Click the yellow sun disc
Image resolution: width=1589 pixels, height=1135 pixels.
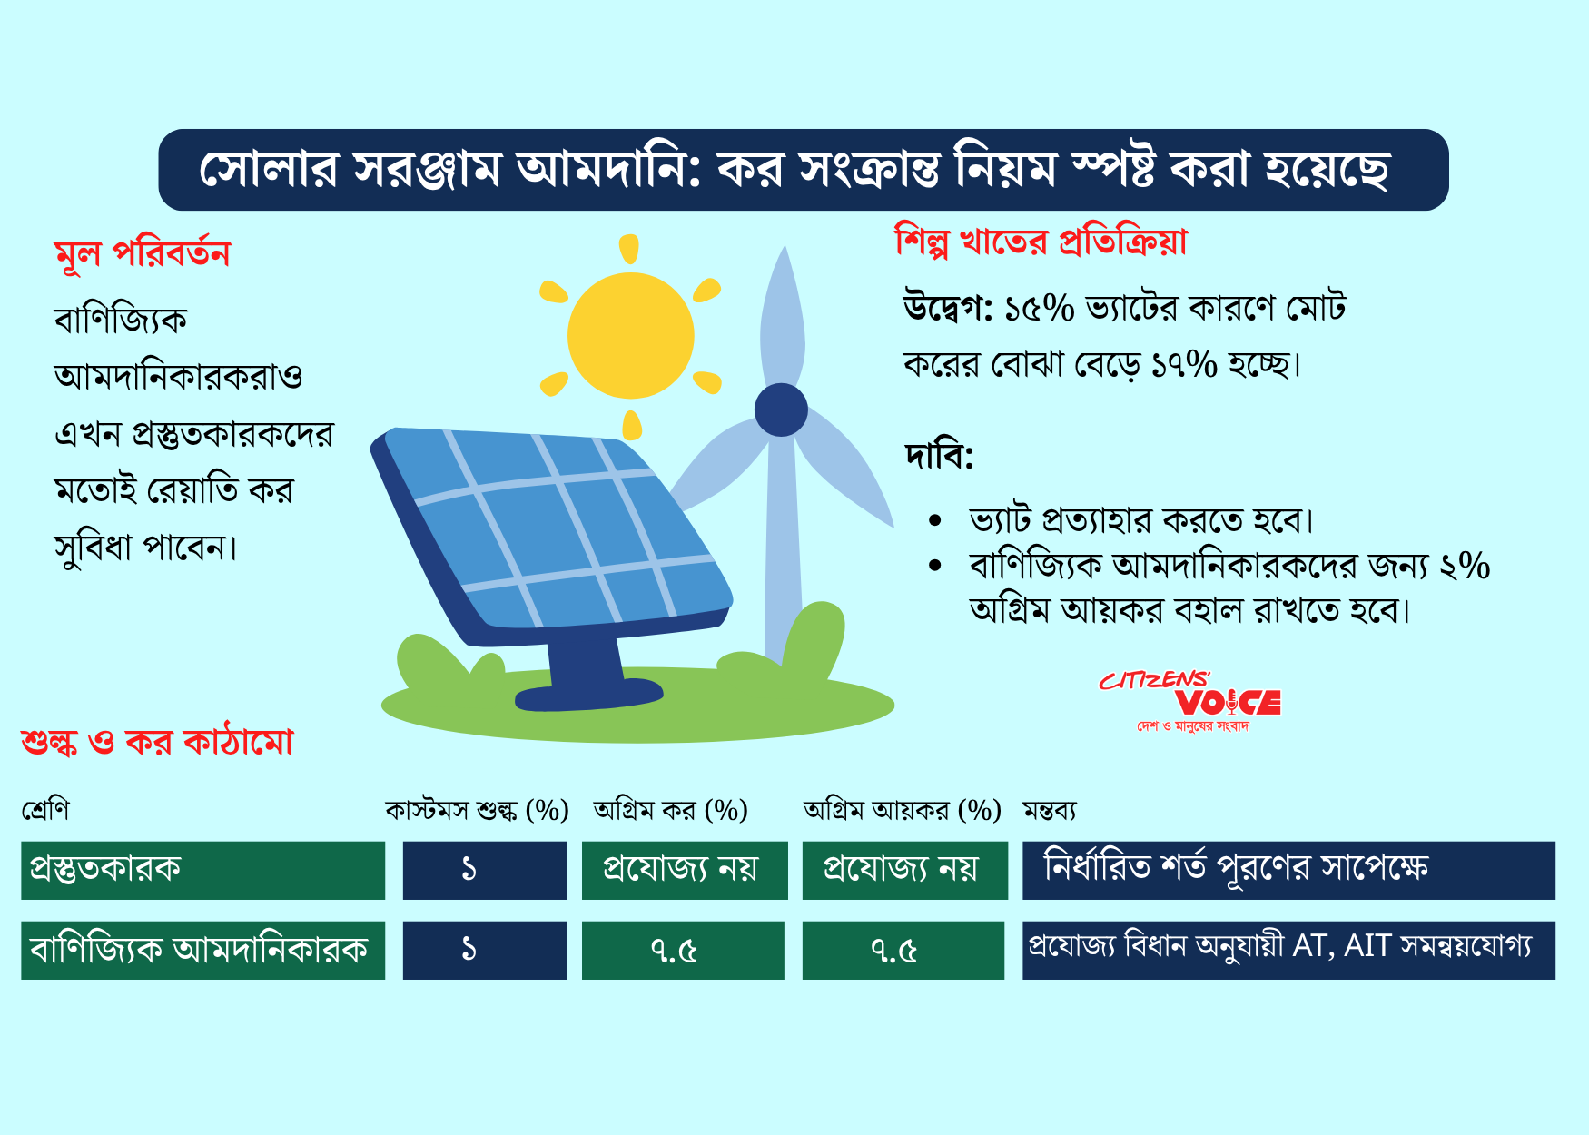pyautogui.click(x=630, y=335)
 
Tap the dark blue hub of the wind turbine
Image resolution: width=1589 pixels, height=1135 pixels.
pyautogui.click(x=781, y=410)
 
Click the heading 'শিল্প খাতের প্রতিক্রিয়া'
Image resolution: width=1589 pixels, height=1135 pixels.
pyautogui.click(x=1041, y=242)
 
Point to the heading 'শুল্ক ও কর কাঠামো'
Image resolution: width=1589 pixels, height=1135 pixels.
pyautogui.click(x=157, y=741)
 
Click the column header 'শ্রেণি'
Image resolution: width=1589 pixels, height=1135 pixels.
pyautogui.click(x=45, y=809)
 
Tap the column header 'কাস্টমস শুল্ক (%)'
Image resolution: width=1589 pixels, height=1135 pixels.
pyautogui.click(x=478, y=809)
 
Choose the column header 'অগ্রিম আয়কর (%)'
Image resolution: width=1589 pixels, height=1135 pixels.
pyautogui.click(x=903, y=809)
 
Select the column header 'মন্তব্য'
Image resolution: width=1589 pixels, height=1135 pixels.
pyautogui.click(x=1050, y=810)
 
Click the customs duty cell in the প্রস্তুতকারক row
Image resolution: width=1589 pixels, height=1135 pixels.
pyautogui.click(x=485, y=870)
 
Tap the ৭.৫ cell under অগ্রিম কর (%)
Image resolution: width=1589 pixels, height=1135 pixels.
pyautogui.click(x=683, y=950)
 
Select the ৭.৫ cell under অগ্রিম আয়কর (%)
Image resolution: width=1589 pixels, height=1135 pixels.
pyautogui.click(x=903, y=950)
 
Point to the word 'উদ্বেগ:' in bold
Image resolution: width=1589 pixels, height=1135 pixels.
pyautogui.click(x=948, y=308)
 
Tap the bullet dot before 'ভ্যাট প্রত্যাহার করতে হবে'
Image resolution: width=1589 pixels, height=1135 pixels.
pyautogui.click(x=935, y=521)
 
